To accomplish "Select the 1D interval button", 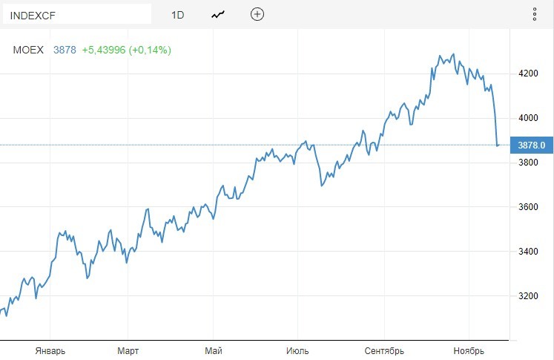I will [x=177, y=14].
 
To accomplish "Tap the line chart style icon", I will [x=218, y=14].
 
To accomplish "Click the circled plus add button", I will [x=257, y=14].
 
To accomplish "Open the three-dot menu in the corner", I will [x=535, y=14].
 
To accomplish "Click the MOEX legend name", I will [x=29, y=50].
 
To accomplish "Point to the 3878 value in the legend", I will [x=65, y=50].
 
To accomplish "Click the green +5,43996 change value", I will [x=104, y=50].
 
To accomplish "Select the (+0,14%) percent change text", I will [x=150, y=50].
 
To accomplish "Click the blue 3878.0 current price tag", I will [x=532, y=145].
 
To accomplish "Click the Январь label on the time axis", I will [x=50, y=350].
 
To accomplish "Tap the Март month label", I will [x=128, y=350].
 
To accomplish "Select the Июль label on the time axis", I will [x=298, y=350].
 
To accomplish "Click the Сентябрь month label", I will [x=384, y=350].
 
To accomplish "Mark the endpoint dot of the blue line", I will [x=498, y=145].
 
